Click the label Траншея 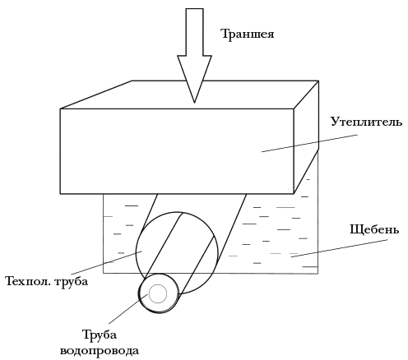248,35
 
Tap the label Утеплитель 366,122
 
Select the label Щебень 374,229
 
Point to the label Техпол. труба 47,282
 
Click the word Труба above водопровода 100,335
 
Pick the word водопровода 100,351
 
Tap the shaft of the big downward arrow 194,32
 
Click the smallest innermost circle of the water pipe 158,293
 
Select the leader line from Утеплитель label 309,143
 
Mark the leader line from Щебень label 340,248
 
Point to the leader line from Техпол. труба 106,263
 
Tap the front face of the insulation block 177,151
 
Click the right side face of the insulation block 306,137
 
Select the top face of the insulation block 189,95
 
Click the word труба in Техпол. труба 72,283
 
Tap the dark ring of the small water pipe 139,293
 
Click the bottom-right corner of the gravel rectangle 318,273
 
